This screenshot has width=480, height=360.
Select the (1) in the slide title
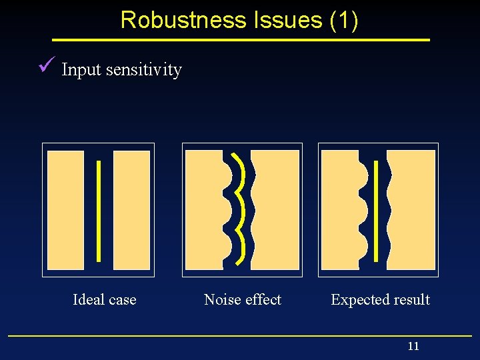tap(344, 20)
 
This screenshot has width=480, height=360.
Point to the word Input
tap(80, 70)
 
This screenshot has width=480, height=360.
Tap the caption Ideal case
tap(104, 300)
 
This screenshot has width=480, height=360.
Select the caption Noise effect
tap(243, 300)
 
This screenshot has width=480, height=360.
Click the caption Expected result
tap(380, 300)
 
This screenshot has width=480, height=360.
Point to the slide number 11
tap(413, 346)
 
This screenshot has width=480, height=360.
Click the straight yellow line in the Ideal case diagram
tap(99, 210)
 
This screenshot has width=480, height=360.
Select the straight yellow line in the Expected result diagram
tap(377, 210)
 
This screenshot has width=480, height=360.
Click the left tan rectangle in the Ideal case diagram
tap(66, 210)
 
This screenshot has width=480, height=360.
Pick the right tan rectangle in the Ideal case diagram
tap(132, 210)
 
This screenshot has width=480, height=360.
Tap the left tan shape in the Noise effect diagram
tap(203, 210)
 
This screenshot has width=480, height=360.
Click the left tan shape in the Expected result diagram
tap(339, 210)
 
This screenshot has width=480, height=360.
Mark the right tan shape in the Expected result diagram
tap(412, 210)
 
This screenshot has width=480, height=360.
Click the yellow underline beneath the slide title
tap(240, 40)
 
